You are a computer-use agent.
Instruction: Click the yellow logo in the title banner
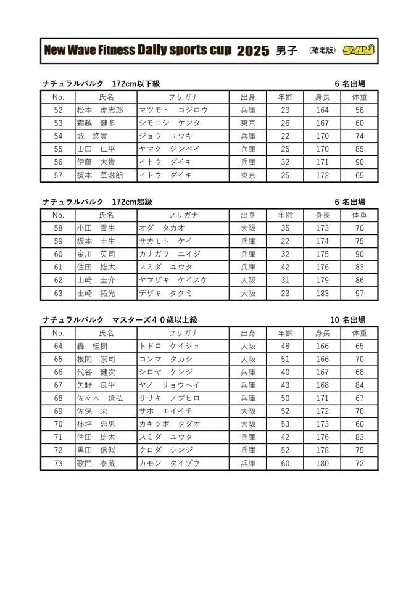(x=359, y=51)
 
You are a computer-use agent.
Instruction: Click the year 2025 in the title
(x=253, y=51)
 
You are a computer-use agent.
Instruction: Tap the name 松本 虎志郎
(x=100, y=110)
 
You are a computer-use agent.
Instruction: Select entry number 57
(x=59, y=175)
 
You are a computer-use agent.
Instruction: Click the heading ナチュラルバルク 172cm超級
(x=97, y=202)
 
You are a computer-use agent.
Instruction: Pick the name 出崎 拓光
(x=96, y=294)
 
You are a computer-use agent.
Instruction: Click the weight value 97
(x=359, y=294)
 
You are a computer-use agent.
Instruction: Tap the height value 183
(x=322, y=294)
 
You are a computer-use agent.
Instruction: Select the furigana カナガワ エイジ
(x=170, y=254)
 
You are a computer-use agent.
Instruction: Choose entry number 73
(x=59, y=463)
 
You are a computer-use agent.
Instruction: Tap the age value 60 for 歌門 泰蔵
(x=285, y=463)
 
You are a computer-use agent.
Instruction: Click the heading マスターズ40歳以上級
(x=155, y=320)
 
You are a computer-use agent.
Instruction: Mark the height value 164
(x=322, y=110)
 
